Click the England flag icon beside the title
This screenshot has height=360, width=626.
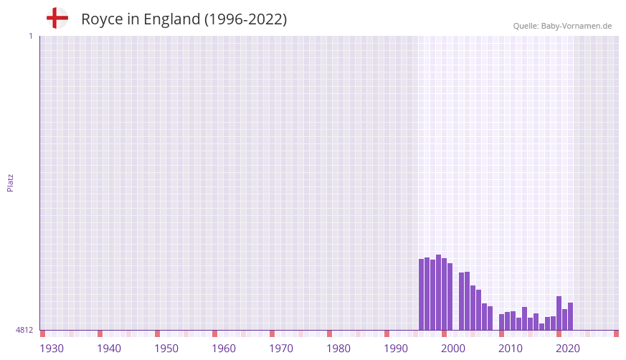point(57,19)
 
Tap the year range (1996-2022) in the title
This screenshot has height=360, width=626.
point(245,19)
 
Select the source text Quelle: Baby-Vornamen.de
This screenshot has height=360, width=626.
point(562,26)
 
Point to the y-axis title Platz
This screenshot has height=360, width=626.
point(10,182)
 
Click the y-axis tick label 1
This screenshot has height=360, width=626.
point(30,36)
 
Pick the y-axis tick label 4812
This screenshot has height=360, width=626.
point(24,330)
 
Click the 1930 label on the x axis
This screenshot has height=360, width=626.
point(52,349)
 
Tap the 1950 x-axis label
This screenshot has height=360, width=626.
point(166,349)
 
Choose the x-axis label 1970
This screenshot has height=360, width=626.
point(281,349)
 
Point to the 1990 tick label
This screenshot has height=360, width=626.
point(396,349)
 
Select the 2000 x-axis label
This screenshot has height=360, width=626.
point(453,349)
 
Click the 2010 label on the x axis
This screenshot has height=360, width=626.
point(511,349)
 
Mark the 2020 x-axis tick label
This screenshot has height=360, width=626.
point(568,349)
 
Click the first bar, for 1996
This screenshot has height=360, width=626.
point(422,294)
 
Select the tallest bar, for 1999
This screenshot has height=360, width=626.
point(439,292)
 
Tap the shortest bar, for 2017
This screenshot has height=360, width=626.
point(542,326)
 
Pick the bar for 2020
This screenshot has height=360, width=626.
point(559,313)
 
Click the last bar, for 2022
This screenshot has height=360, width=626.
point(571,316)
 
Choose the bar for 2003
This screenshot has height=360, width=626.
point(462,301)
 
